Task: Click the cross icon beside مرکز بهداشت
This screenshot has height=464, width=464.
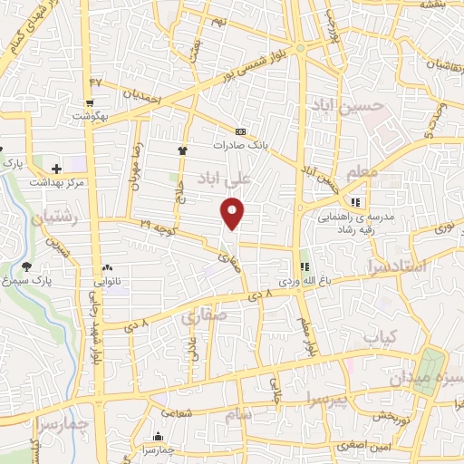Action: click(x=56, y=169)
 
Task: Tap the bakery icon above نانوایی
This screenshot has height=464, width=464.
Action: click(x=107, y=267)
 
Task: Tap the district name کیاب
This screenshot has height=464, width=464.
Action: click(x=381, y=336)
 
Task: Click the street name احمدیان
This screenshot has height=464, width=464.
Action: click(x=141, y=94)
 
